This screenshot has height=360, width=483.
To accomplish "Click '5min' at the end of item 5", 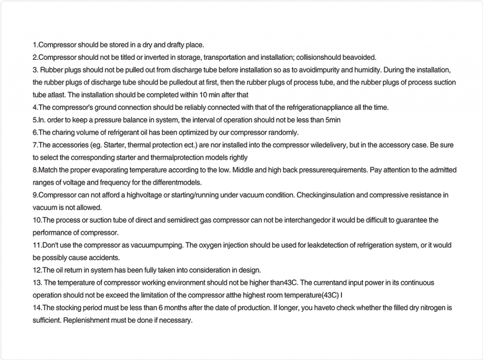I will [x=333, y=120].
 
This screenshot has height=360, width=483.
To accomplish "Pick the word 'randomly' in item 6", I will [x=283, y=132].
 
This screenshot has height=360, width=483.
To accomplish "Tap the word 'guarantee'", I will [x=411, y=220].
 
